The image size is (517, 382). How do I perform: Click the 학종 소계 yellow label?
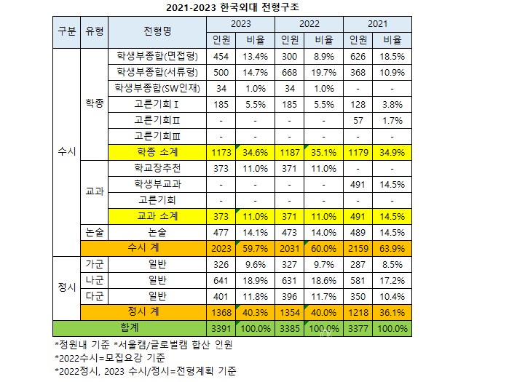[157, 152]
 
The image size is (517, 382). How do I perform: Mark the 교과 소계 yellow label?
[157, 215]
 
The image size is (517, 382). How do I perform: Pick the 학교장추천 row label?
[157, 168]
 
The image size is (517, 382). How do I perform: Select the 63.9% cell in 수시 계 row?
[395, 247]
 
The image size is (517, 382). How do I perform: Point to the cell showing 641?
[222, 279]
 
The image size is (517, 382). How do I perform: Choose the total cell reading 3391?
[222, 327]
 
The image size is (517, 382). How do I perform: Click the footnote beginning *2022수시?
[110, 357]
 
